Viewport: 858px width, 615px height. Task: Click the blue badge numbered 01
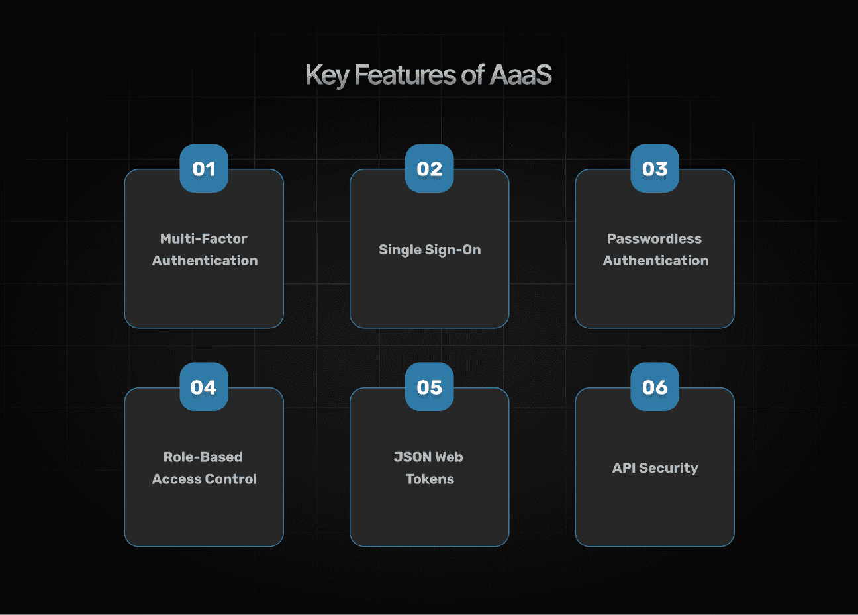pyautogui.click(x=204, y=168)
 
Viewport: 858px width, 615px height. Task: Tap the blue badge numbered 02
pyautogui.click(x=430, y=168)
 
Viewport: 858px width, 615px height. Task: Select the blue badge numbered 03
pyautogui.click(x=655, y=168)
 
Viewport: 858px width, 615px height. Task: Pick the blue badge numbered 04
pyautogui.click(x=204, y=387)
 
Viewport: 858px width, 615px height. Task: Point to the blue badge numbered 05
pyautogui.click(x=430, y=387)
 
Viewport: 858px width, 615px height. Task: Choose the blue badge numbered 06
pyautogui.click(x=655, y=387)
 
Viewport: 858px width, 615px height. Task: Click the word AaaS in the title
pyautogui.click(x=521, y=74)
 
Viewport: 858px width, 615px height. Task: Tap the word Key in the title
pyautogui.click(x=327, y=75)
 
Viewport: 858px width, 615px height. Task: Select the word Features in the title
pyautogui.click(x=405, y=74)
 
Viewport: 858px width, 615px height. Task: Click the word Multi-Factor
pyautogui.click(x=204, y=238)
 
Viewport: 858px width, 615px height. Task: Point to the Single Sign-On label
pyautogui.click(x=430, y=250)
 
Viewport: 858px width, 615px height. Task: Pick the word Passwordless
pyautogui.click(x=654, y=238)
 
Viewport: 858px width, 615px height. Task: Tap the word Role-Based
pyautogui.click(x=203, y=457)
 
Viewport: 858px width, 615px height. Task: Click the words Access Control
pyautogui.click(x=205, y=479)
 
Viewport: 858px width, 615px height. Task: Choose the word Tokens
pyautogui.click(x=430, y=479)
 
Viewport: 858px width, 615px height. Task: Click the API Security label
pyautogui.click(x=655, y=468)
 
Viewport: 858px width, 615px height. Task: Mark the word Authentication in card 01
pyautogui.click(x=205, y=260)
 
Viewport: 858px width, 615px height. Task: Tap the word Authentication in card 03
pyautogui.click(x=656, y=260)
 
